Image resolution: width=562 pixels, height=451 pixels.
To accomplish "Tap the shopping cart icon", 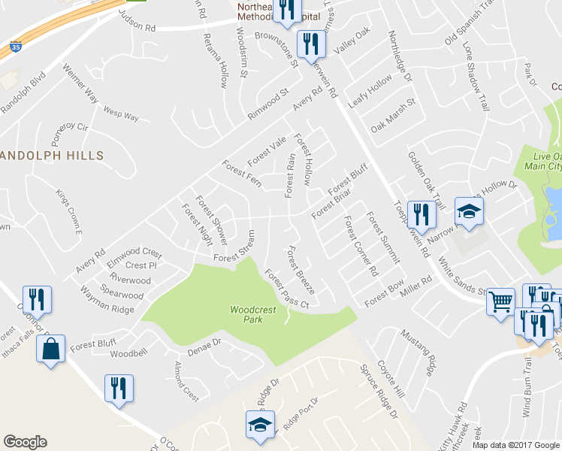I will [500, 302].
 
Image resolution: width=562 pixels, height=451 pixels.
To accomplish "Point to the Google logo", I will [25, 442].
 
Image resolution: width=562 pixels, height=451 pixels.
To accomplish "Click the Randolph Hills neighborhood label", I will [52, 155].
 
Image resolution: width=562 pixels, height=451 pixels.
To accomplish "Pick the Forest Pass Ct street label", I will [286, 289].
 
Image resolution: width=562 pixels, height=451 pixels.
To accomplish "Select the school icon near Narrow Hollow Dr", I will [469, 213].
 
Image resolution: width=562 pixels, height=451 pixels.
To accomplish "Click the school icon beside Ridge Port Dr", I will [260, 425].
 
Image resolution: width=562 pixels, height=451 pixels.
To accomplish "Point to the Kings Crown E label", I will [68, 206].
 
